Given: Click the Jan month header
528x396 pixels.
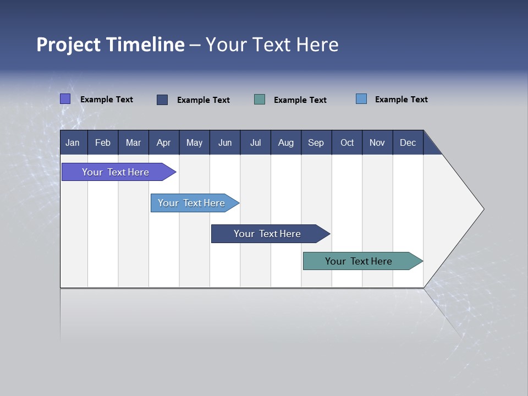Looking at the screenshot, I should pyautogui.click(x=73, y=142).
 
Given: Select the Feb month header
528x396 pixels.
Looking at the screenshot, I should pyautogui.click(x=103, y=142).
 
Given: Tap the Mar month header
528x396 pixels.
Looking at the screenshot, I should pyautogui.click(x=133, y=142).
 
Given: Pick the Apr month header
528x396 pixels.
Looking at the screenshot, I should pyautogui.click(x=164, y=142).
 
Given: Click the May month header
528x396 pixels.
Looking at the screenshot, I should pyautogui.click(x=194, y=142).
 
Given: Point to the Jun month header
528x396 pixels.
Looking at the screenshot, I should pyautogui.click(x=225, y=142).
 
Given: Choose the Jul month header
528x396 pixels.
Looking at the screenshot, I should pyautogui.click(x=255, y=142).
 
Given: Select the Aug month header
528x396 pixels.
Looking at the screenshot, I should pyautogui.click(x=286, y=142).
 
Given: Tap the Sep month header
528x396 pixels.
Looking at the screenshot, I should pyautogui.click(x=316, y=142).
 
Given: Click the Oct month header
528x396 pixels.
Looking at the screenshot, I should pyautogui.click(x=347, y=142).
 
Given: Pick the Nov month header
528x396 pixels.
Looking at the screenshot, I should pyautogui.click(x=377, y=142).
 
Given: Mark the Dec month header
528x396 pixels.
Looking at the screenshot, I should pyautogui.click(x=408, y=142).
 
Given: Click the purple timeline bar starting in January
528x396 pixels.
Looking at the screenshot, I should pyautogui.click(x=116, y=172).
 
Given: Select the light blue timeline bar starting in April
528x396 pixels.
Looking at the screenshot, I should pyautogui.click(x=192, y=203).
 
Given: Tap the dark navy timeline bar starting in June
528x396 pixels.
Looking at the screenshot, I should pyautogui.click(x=268, y=234).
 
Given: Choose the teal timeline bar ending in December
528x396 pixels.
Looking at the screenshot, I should pyautogui.click(x=359, y=261).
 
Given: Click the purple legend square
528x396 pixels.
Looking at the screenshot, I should pyautogui.click(x=65, y=99).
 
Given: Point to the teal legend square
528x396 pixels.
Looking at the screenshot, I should pyautogui.click(x=260, y=100).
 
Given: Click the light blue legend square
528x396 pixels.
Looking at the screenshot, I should pyautogui.click(x=361, y=99).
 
